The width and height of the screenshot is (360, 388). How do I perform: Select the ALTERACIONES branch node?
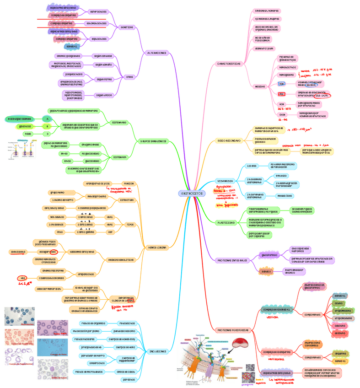[156, 53]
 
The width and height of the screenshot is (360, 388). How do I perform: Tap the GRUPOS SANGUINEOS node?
[154, 141]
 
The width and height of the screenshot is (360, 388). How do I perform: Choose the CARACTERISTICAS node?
[229, 64]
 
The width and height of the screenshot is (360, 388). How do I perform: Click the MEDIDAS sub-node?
[260, 86]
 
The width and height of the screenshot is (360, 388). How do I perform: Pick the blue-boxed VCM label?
[282, 84]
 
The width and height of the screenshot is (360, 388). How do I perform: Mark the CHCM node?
[282, 114]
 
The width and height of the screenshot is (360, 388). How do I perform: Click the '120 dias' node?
[252, 165]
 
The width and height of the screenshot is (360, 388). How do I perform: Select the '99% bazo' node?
[280, 176]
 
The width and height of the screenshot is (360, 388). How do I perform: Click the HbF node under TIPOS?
[110, 232]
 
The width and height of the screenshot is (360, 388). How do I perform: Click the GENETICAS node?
[127, 27]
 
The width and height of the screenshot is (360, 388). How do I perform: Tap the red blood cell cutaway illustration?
[240, 344]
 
